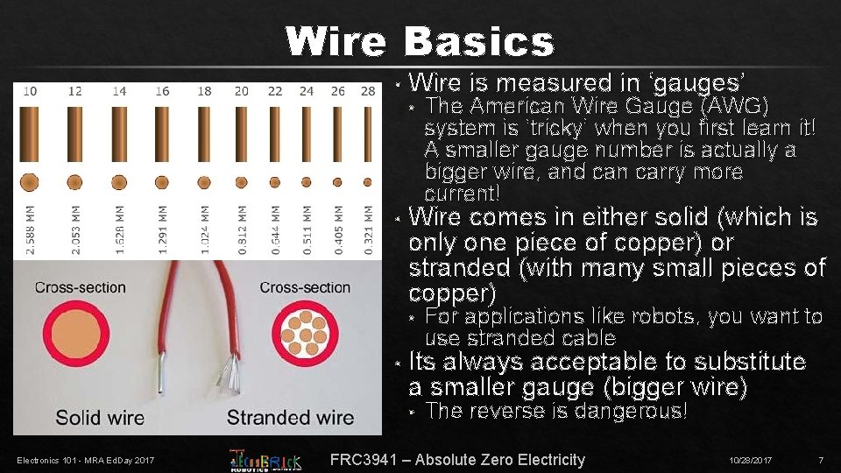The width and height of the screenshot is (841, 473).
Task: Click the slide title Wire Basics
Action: click(x=420, y=41)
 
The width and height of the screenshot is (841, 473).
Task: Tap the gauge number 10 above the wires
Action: click(x=30, y=91)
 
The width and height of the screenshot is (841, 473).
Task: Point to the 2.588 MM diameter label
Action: click(x=31, y=230)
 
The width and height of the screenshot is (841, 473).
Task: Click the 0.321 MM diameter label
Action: click(x=369, y=230)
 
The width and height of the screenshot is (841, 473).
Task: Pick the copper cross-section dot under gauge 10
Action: click(x=30, y=182)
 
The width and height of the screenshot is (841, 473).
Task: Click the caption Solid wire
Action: click(x=100, y=418)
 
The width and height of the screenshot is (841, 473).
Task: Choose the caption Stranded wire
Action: click(x=290, y=418)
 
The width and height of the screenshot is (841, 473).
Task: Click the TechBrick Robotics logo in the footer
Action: click(x=265, y=459)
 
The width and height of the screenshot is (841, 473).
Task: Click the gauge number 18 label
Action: click(x=204, y=91)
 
